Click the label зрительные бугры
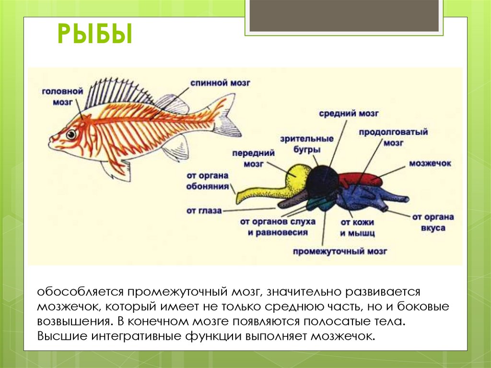coord(314,143)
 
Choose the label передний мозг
coord(253,158)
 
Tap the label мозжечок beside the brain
coord(430,164)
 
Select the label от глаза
coord(204,210)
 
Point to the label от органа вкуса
coord(433,223)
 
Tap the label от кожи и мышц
coord(357,228)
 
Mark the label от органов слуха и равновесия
coord(278,227)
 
